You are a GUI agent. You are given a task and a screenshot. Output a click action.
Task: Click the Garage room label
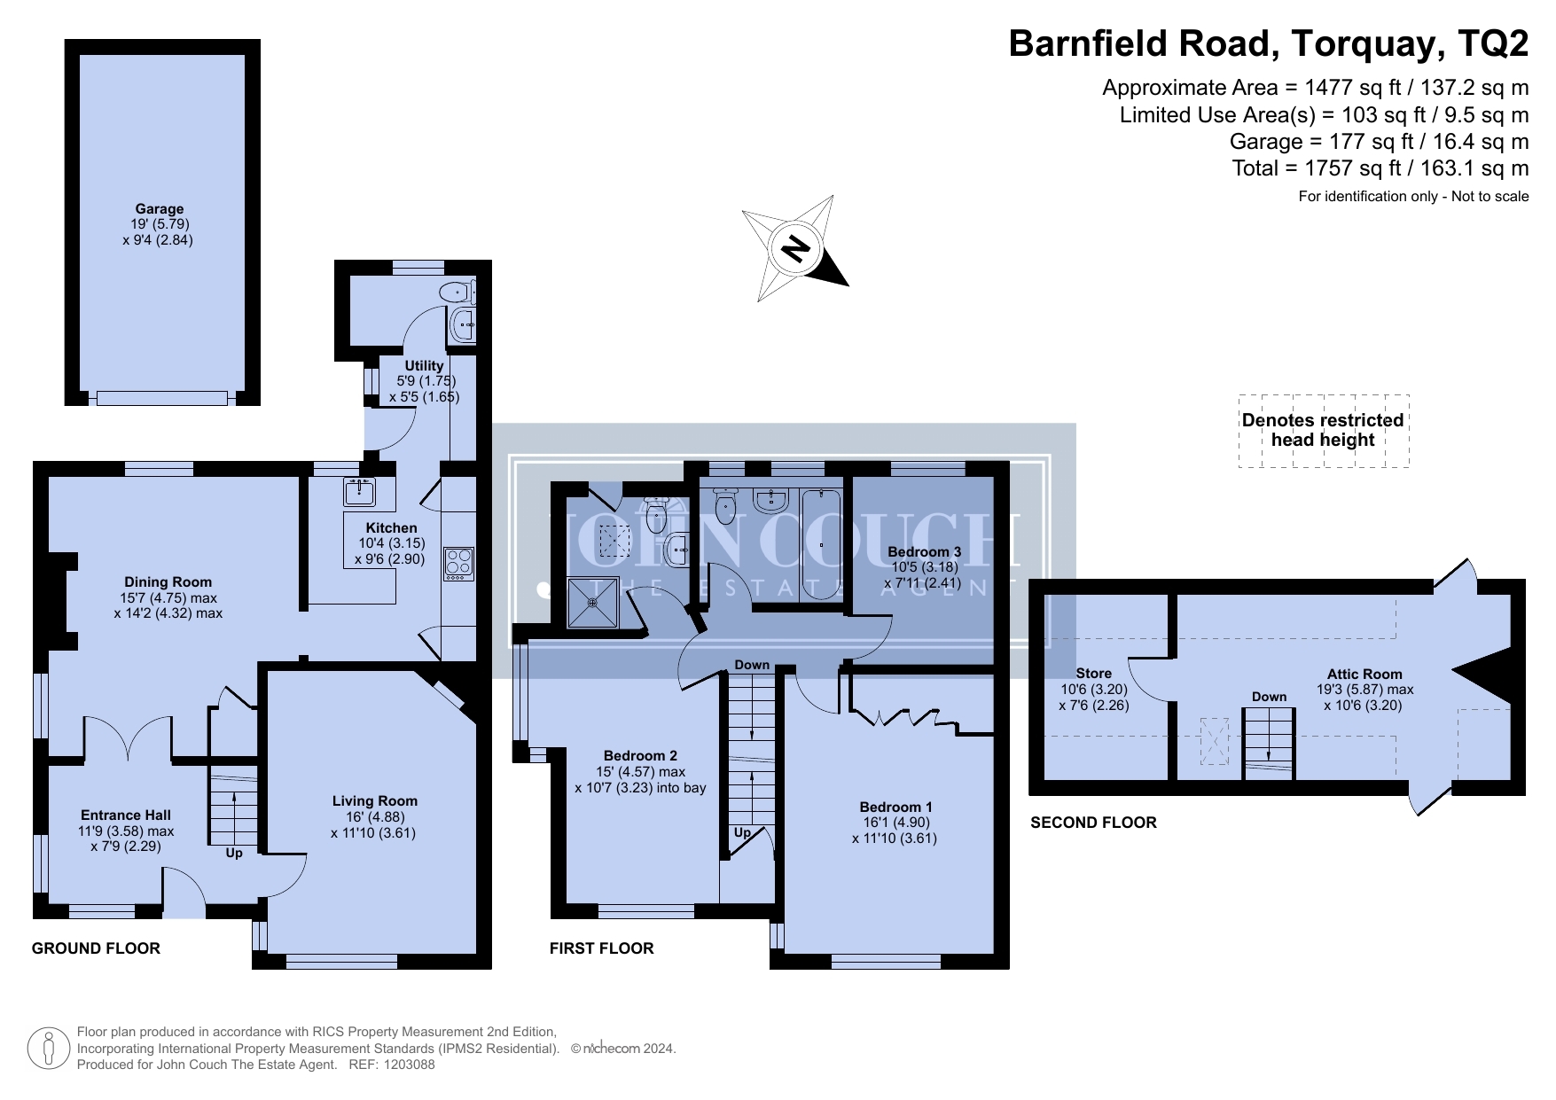[160, 209]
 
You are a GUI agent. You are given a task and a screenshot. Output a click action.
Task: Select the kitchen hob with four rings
[458, 562]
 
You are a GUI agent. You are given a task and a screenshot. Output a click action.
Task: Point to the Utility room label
[424, 365]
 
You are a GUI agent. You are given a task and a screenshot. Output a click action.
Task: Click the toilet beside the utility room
[457, 291]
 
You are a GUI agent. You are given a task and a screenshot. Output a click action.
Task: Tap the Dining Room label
[168, 582]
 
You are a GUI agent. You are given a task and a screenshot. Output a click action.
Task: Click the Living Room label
[375, 801]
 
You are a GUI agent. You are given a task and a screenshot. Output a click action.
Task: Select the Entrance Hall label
[126, 815]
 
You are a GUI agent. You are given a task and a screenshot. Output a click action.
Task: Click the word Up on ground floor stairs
[234, 853]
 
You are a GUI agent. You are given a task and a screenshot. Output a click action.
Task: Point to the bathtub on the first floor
[822, 543]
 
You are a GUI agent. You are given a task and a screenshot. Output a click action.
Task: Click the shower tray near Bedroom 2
[592, 603]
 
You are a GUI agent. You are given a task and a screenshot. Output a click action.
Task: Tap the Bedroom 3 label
[925, 552]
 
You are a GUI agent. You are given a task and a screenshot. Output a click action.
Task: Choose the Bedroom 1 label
[895, 807]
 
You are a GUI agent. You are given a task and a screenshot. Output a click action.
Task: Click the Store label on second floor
[1093, 674]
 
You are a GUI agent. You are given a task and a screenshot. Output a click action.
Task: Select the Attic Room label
[1364, 675]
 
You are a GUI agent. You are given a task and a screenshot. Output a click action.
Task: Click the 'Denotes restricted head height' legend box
[1324, 431]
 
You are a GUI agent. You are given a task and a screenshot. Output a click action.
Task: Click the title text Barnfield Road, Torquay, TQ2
[1269, 43]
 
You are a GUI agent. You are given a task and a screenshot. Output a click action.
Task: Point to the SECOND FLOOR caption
[1093, 823]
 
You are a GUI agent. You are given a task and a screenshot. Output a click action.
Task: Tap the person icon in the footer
[49, 1049]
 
